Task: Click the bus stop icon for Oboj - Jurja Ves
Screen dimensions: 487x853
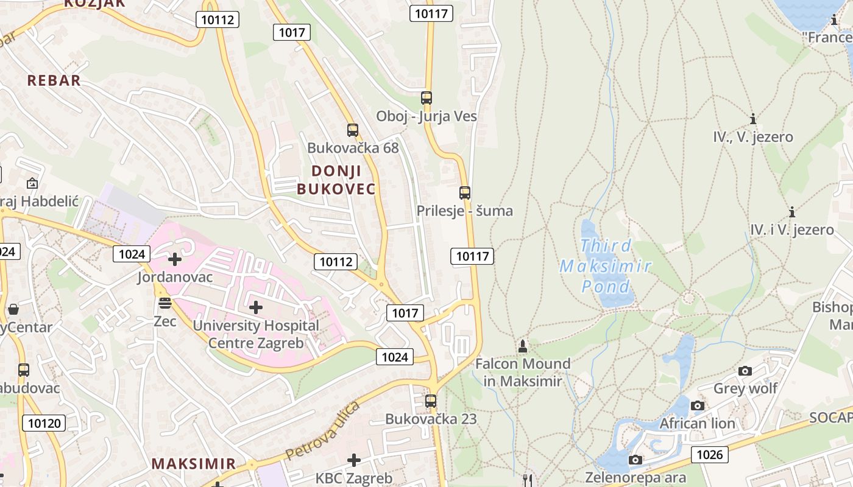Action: [x=426, y=97]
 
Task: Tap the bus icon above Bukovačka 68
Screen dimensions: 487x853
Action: [x=353, y=130]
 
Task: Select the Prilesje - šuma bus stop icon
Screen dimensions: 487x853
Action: [x=465, y=193]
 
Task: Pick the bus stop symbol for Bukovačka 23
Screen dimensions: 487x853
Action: [x=431, y=401]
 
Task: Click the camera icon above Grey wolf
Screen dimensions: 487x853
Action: [x=745, y=371]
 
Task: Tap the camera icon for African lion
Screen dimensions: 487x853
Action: [x=698, y=405]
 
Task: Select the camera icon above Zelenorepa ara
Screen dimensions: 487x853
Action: [x=635, y=460]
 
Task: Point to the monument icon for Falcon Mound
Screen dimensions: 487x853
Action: [x=522, y=346]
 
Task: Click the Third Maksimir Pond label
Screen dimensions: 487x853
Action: [x=606, y=266]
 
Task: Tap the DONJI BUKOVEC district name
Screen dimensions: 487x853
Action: [x=336, y=180]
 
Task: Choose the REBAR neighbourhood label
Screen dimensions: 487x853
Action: [x=54, y=80]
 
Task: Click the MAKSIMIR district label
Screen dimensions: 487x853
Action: [x=193, y=463]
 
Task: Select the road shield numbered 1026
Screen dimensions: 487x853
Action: [x=709, y=454]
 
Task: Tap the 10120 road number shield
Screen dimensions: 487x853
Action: [x=44, y=422]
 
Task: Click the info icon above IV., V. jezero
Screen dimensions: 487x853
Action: [x=753, y=119]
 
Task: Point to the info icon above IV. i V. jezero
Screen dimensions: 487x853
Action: [x=792, y=212]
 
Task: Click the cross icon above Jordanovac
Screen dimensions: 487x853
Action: [x=175, y=260]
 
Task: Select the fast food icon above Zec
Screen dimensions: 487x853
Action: [x=165, y=303]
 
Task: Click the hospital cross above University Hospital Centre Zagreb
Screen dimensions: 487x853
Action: [x=256, y=307]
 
